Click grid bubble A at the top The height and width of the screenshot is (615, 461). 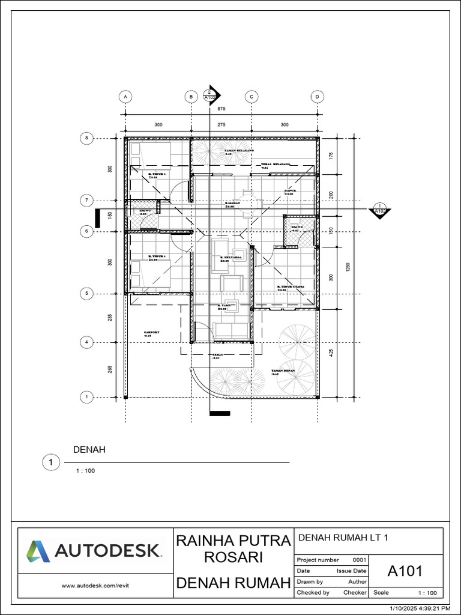click(x=125, y=96)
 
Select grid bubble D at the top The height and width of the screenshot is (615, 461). click(x=317, y=96)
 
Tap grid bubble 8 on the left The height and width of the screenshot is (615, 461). click(x=86, y=138)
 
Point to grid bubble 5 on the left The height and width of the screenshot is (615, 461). click(x=86, y=293)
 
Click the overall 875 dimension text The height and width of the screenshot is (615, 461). click(x=221, y=109)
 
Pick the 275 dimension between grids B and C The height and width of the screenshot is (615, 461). click(x=221, y=125)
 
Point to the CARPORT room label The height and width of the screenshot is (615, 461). click(x=152, y=332)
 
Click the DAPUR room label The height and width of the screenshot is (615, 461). click(x=291, y=190)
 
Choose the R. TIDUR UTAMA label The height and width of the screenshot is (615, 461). click(x=291, y=287)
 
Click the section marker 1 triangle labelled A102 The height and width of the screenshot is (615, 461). click(x=380, y=210)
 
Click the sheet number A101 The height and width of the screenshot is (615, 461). click(x=406, y=571)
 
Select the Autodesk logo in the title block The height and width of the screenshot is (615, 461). click(x=93, y=550)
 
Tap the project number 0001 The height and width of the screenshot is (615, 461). click(x=359, y=560)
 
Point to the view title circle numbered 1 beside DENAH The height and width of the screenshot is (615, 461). click(x=51, y=462)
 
